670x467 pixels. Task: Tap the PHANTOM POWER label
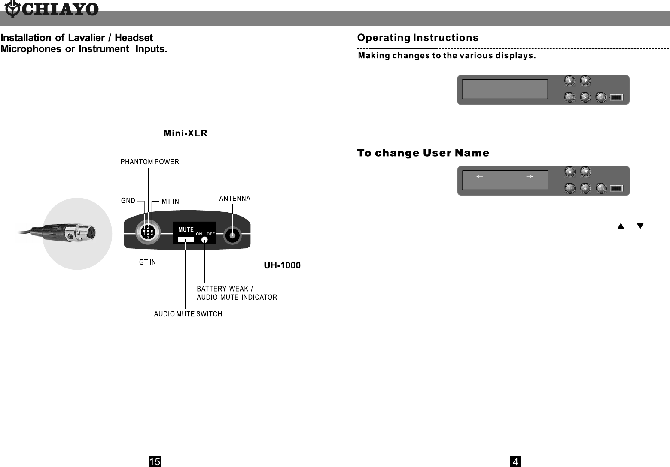coord(149,162)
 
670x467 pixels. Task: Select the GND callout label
coord(128,200)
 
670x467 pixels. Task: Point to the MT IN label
coord(170,202)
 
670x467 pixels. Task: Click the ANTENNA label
coord(234,199)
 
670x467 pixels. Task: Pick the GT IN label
coord(147,262)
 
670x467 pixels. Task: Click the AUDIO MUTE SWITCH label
coord(188,314)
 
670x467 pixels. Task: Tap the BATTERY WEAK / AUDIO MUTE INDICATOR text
coord(237,293)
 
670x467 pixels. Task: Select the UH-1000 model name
coord(282,265)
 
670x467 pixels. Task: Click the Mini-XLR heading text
coord(186,133)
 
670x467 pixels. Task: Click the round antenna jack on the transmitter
coord(232,235)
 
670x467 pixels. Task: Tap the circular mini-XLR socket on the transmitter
coord(148,232)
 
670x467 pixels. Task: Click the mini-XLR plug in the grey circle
coord(79,233)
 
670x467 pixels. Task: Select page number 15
coord(155,461)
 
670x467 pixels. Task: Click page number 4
coord(515,461)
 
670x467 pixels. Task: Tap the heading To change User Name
coord(423,153)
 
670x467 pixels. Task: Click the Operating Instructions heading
coord(418,38)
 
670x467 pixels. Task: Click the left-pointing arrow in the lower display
coord(480,176)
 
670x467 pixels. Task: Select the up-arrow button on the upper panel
coord(569,81)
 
